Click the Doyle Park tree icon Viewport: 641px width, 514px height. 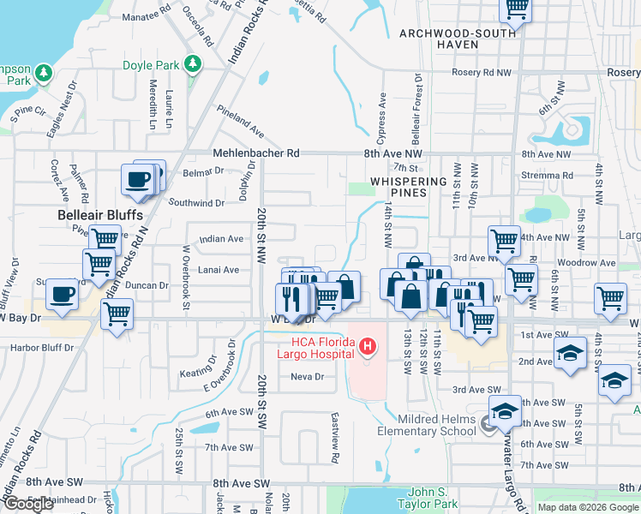tap(195, 63)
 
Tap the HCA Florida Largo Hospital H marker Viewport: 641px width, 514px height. tap(368, 347)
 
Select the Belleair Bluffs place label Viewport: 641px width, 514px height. tap(99, 215)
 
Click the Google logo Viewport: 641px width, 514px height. tap(28, 504)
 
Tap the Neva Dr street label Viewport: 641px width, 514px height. tap(308, 377)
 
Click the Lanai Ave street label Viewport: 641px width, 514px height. tap(219, 270)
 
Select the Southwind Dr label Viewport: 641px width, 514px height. tap(196, 203)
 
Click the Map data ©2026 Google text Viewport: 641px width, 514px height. tap(587, 507)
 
